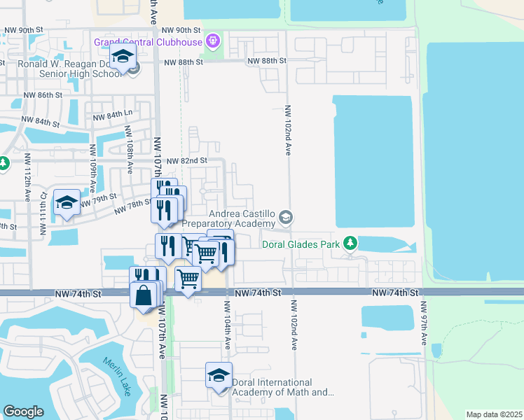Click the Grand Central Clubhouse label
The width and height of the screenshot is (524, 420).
coord(149,42)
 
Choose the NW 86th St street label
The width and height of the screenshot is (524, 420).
coord(43,94)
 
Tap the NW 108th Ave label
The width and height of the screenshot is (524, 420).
coord(129,148)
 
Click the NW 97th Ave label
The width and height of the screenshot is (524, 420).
coord(425,323)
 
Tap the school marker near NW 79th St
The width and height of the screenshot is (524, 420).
coord(67,204)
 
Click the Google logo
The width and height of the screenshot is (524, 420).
coord(23,412)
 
